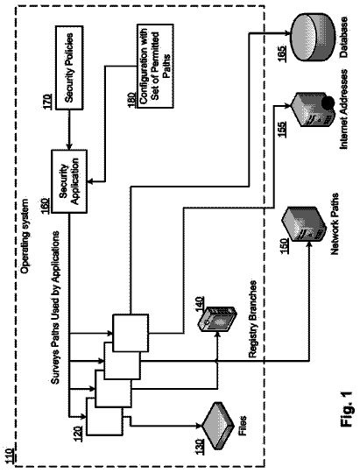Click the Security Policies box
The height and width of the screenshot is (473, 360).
point(69,67)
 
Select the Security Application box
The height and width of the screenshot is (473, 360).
point(69,181)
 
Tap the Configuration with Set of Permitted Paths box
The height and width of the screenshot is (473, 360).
point(155,66)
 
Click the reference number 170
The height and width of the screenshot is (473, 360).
point(47,102)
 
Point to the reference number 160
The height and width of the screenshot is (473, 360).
point(46,206)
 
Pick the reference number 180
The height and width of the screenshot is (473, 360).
point(132,100)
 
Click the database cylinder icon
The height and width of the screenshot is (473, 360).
point(313,37)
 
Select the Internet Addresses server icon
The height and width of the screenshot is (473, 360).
point(314,109)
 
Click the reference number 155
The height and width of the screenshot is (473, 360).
point(282,129)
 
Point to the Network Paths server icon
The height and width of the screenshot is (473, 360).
point(304,224)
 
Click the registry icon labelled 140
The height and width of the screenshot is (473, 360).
point(217,319)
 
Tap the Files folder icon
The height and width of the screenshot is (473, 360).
point(218,426)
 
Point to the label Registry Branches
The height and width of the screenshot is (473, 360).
point(253,319)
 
